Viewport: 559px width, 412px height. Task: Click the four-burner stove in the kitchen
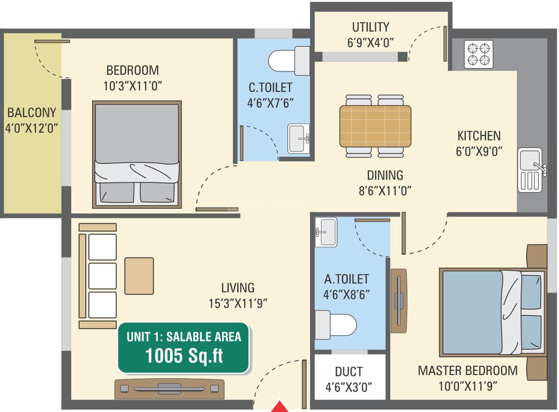pos(479,54)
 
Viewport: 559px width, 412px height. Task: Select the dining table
pos(375,126)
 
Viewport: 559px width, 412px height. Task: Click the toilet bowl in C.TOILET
pos(289,61)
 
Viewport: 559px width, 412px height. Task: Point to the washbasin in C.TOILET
pos(299,139)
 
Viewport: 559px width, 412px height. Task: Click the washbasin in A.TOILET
pos(326,232)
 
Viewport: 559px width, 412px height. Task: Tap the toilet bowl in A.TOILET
pos(336,325)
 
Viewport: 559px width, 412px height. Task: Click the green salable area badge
pos(184,348)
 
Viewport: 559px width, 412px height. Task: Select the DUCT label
pos(348,372)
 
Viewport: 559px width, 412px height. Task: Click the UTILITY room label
pos(371,27)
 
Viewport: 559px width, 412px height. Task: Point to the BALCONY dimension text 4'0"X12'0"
pos(31,128)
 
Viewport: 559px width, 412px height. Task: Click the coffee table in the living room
pos(139,276)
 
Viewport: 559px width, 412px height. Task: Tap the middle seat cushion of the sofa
pos(102,276)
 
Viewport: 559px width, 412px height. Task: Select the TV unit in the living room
pos(169,389)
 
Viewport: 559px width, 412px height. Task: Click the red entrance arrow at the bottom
pos(280,407)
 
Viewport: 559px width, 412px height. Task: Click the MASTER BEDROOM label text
pos(468,371)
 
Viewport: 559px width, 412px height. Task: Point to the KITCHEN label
pos(479,136)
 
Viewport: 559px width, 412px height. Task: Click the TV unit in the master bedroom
pos(399,301)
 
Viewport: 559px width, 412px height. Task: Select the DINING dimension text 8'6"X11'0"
pos(385,191)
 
